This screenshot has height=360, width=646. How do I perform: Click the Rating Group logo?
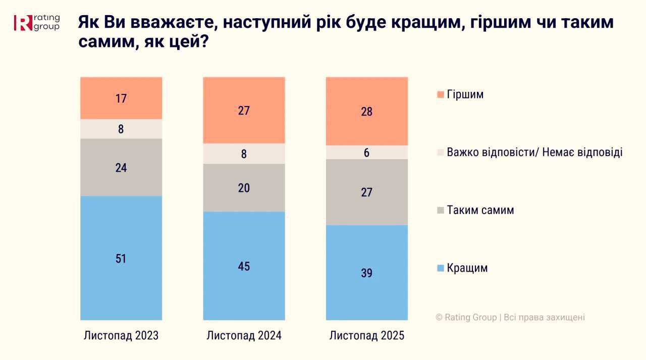point(37,23)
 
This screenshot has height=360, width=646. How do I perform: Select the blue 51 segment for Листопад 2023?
point(121,258)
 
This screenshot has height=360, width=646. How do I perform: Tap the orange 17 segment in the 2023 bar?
point(121,98)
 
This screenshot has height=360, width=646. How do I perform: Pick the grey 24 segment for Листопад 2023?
point(121,168)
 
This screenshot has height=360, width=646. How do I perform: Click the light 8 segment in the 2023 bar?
point(121,129)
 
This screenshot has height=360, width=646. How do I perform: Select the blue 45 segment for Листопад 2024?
point(244,266)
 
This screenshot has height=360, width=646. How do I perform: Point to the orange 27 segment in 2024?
point(244,110)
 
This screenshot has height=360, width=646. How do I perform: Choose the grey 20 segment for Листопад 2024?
point(244,188)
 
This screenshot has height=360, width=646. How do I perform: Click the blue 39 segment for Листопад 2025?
point(367,273)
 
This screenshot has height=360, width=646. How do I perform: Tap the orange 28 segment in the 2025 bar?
point(367,111)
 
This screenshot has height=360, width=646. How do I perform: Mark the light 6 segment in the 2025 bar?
point(367,152)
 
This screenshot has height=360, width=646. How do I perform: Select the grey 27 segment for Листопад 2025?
point(367,192)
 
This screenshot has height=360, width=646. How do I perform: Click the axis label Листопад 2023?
point(121,336)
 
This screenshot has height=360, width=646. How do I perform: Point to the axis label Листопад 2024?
point(244,336)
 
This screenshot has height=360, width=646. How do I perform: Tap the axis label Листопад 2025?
point(367,336)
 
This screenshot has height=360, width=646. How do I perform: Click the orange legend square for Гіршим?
point(440,95)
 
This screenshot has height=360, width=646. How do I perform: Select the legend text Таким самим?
point(480,210)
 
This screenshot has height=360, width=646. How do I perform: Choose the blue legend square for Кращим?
point(440,268)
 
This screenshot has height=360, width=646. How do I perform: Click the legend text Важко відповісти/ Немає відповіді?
point(534,152)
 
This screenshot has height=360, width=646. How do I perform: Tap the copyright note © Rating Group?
point(510,318)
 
